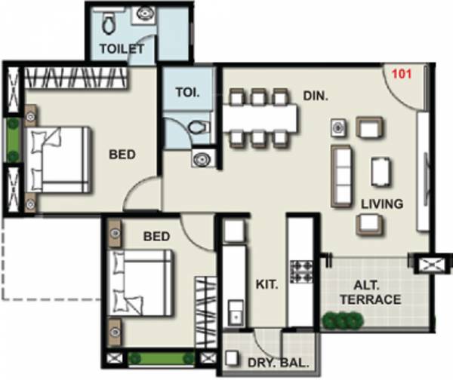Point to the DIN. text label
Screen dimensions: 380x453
315,97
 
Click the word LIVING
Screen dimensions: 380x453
381,204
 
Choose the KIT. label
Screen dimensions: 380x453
267,285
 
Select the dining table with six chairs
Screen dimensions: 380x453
260,117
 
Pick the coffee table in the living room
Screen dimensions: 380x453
381,170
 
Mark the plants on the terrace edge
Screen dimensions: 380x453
344,322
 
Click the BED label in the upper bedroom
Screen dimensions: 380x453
122,155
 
